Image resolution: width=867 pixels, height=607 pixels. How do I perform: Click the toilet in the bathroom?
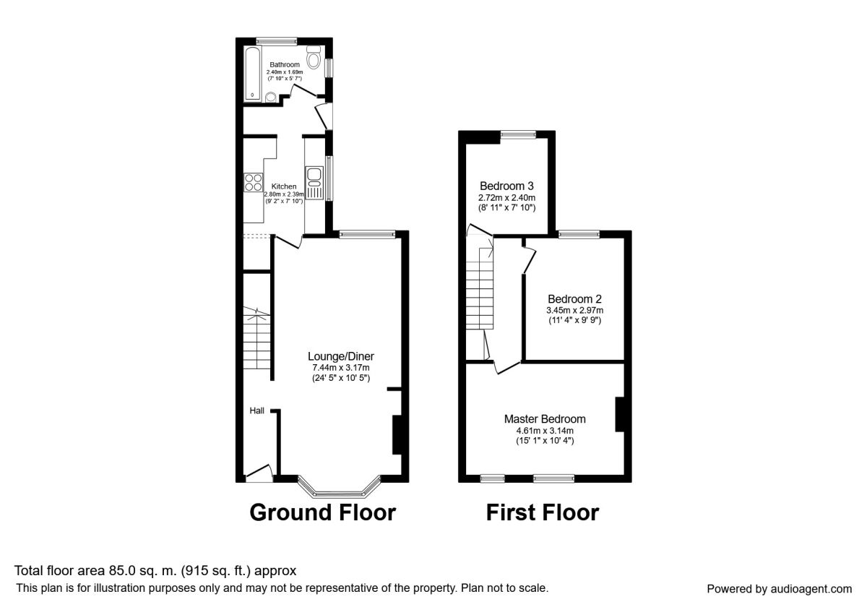(x=314, y=57)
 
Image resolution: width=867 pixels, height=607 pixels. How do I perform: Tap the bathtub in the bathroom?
(x=253, y=74)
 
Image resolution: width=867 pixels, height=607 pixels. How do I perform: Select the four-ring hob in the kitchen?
(x=253, y=183)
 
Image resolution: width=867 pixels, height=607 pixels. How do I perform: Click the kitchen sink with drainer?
(x=314, y=183)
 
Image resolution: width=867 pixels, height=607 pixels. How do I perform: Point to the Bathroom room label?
(x=285, y=64)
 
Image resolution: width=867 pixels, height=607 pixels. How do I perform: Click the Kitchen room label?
(x=284, y=186)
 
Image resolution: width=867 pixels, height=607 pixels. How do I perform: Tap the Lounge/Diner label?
(x=341, y=356)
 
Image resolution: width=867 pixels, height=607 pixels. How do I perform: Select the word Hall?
(x=256, y=410)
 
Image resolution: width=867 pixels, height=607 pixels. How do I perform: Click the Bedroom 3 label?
(x=506, y=186)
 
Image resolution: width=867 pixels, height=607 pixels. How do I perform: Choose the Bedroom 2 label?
(x=575, y=299)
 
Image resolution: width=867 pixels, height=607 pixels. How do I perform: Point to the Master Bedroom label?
(x=545, y=419)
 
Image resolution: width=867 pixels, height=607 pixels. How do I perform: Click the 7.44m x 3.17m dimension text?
(x=341, y=368)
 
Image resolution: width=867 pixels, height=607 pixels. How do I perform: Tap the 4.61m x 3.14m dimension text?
(x=545, y=431)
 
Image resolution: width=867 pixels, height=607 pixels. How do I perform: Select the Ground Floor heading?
(x=322, y=512)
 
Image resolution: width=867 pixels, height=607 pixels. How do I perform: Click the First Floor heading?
(x=543, y=512)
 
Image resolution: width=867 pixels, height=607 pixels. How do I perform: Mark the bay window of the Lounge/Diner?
(x=339, y=486)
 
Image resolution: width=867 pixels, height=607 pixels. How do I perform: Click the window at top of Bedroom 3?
(x=518, y=134)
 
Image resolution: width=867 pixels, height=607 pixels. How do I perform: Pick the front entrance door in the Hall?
(x=259, y=474)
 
